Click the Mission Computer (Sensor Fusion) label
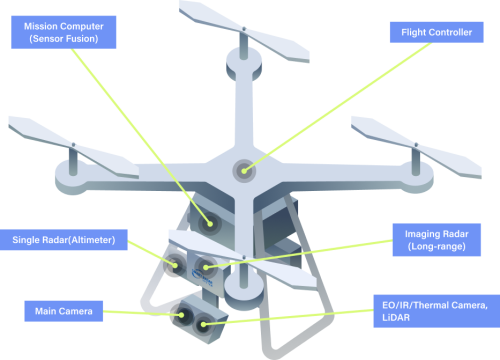[64, 32]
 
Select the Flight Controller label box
[437, 32]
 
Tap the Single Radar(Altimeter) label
[64, 240]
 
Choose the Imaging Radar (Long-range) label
[437, 240]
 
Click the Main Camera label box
[64, 311]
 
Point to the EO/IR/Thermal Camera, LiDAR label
[437, 311]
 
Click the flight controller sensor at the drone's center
[244, 171]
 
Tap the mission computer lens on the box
[210, 223]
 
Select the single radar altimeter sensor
[175, 265]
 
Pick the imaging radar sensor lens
[206, 267]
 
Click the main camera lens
[182, 315]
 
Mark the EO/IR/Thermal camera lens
[203, 324]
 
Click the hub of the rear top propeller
[244, 29]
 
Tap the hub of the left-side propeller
[73, 145]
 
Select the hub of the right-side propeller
[416, 145]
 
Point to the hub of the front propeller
[244, 258]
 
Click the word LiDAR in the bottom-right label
[396, 317]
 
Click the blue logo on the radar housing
[202, 277]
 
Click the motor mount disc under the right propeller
[416, 177]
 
